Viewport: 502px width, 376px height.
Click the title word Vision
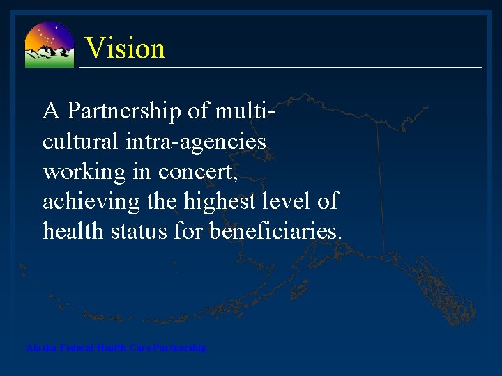[125, 49]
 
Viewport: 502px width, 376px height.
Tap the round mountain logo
[49, 45]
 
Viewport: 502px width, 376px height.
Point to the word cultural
[76, 141]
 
